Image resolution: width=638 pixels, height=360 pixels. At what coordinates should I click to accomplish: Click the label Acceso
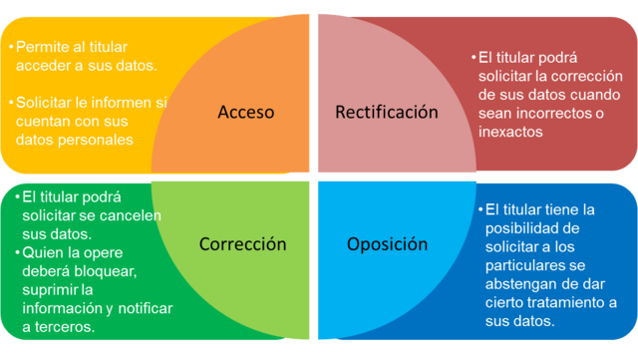245,113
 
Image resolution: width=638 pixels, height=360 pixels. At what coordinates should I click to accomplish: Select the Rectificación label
386,112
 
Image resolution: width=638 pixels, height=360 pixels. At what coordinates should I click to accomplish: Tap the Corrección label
242,243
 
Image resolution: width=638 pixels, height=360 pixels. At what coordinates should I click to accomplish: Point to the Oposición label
387,243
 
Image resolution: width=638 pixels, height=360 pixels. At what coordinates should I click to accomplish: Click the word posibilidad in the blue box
521,227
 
